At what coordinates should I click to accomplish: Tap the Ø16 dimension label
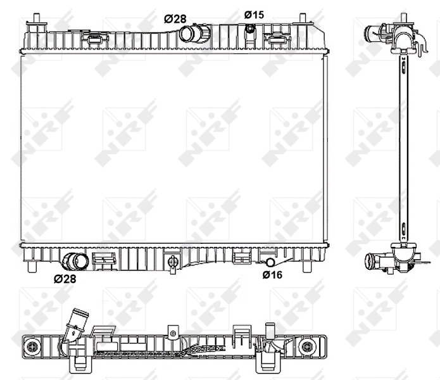272,274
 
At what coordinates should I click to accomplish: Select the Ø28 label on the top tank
175,19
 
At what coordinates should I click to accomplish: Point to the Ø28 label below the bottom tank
66,278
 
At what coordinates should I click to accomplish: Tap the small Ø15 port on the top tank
251,28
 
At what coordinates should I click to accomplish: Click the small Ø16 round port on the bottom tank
270,262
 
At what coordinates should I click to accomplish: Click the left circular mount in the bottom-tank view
31,346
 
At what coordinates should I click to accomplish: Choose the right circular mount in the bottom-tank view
308,346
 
